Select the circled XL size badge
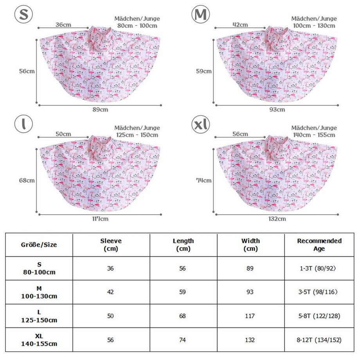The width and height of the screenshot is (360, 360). (201, 125)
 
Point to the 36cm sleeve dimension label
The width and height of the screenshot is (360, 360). (63, 25)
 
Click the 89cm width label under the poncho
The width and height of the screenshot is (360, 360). (101, 110)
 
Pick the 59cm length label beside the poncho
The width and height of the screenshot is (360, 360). (204, 71)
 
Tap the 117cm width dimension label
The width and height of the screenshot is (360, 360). (101, 219)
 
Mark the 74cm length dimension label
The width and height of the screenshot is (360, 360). (204, 180)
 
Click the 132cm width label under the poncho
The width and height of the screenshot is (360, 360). (277, 219)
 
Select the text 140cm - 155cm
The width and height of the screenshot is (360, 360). (314, 135)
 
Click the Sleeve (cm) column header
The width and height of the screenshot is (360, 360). (111, 245)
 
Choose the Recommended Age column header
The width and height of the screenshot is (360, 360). (319, 245)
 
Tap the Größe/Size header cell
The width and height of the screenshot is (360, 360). (39, 245)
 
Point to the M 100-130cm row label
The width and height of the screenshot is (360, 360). (39, 292)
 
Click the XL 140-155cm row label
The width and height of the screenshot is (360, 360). (39, 340)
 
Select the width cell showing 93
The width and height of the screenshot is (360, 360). (250, 292)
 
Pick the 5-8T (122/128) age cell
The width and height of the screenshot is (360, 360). (319, 316)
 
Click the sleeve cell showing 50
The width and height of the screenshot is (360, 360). (111, 316)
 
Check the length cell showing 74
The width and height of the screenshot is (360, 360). (183, 340)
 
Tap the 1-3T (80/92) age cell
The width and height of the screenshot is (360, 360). (319, 268)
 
